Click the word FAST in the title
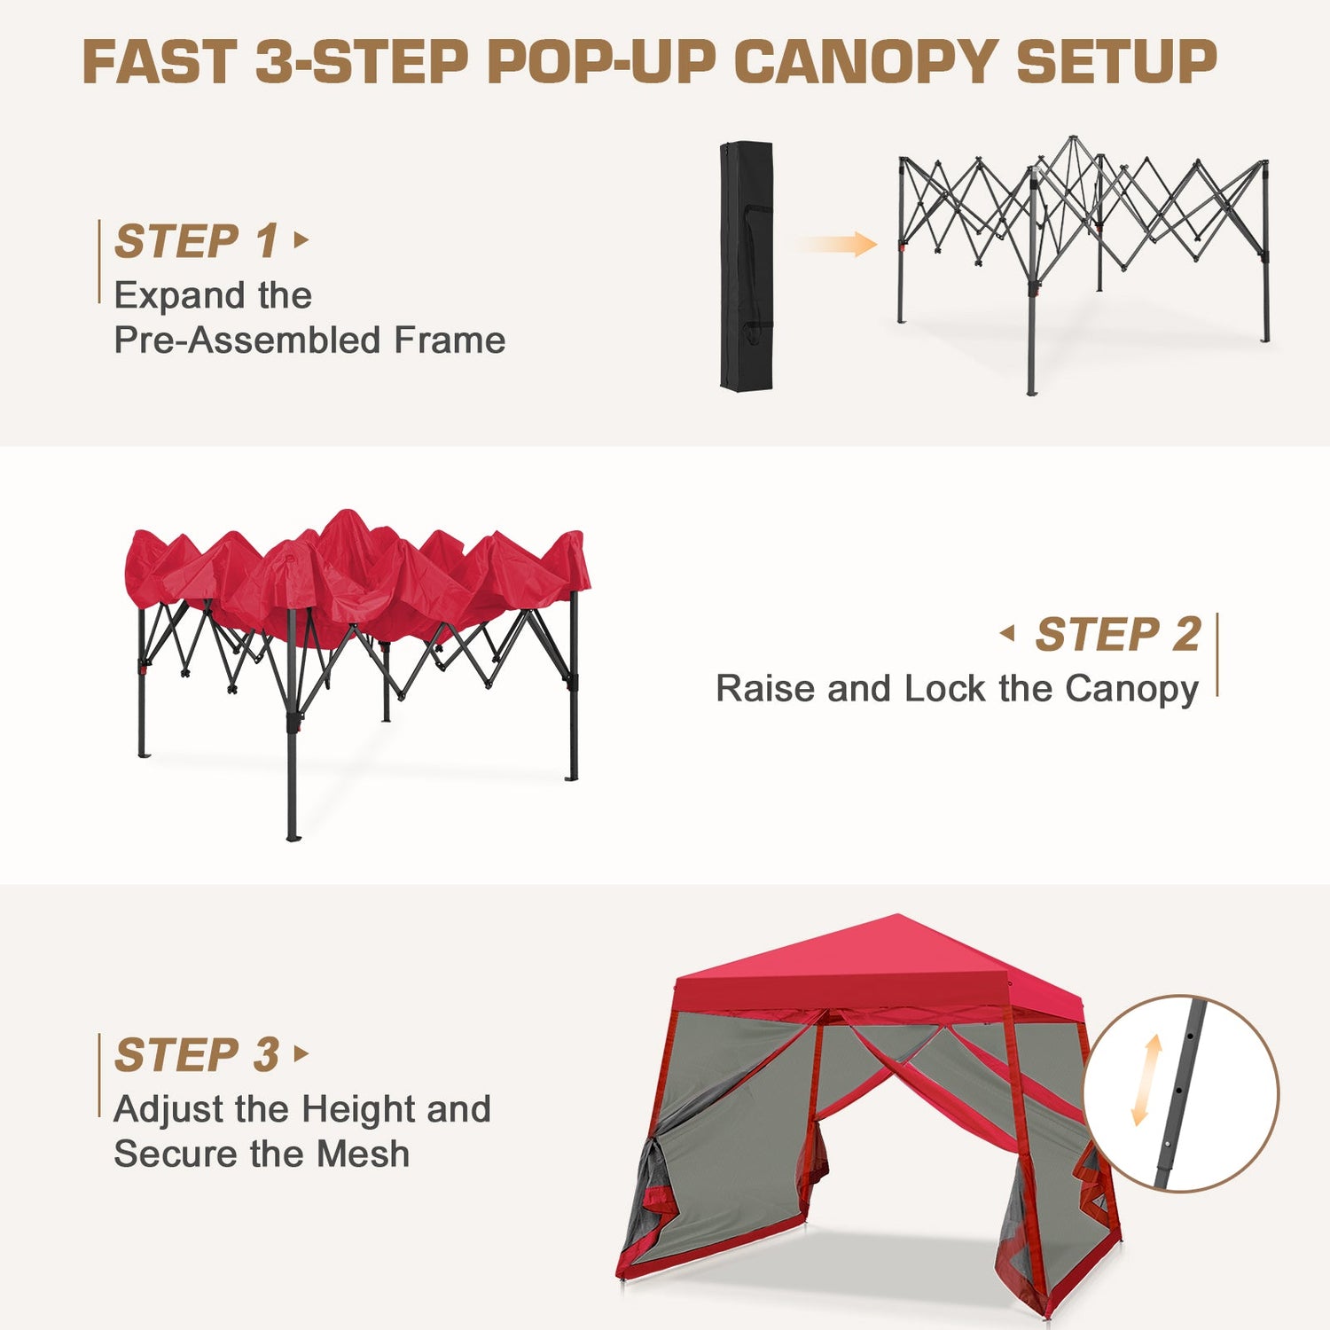tap(160, 62)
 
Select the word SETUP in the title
tap(1116, 62)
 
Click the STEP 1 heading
tap(197, 241)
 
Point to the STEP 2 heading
tap(1118, 634)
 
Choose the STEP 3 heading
tap(197, 1055)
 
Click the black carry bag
tap(747, 265)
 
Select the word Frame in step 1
tap(450, 340)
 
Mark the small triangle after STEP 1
tap(301, 239)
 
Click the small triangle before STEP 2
tap(1007, 633)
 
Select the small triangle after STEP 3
tap(301, 1053)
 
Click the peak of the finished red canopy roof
tap(897, 916)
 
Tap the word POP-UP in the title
tap(603, 62)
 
